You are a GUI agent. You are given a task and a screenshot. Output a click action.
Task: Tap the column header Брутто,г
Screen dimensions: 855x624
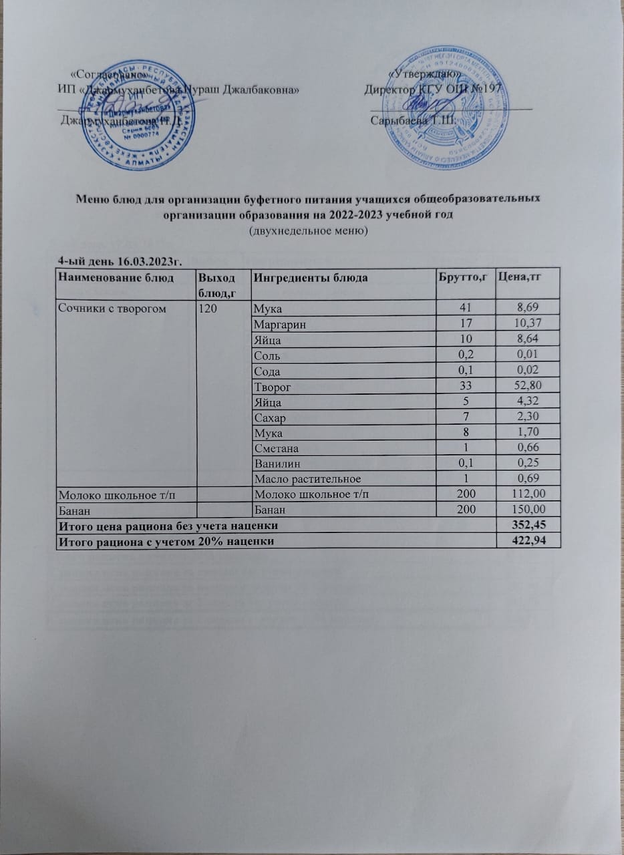point(463,278)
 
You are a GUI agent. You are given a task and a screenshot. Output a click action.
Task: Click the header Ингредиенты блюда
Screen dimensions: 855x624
point(310,278)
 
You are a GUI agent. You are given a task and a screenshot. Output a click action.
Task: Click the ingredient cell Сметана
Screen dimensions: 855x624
point(275,448)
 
